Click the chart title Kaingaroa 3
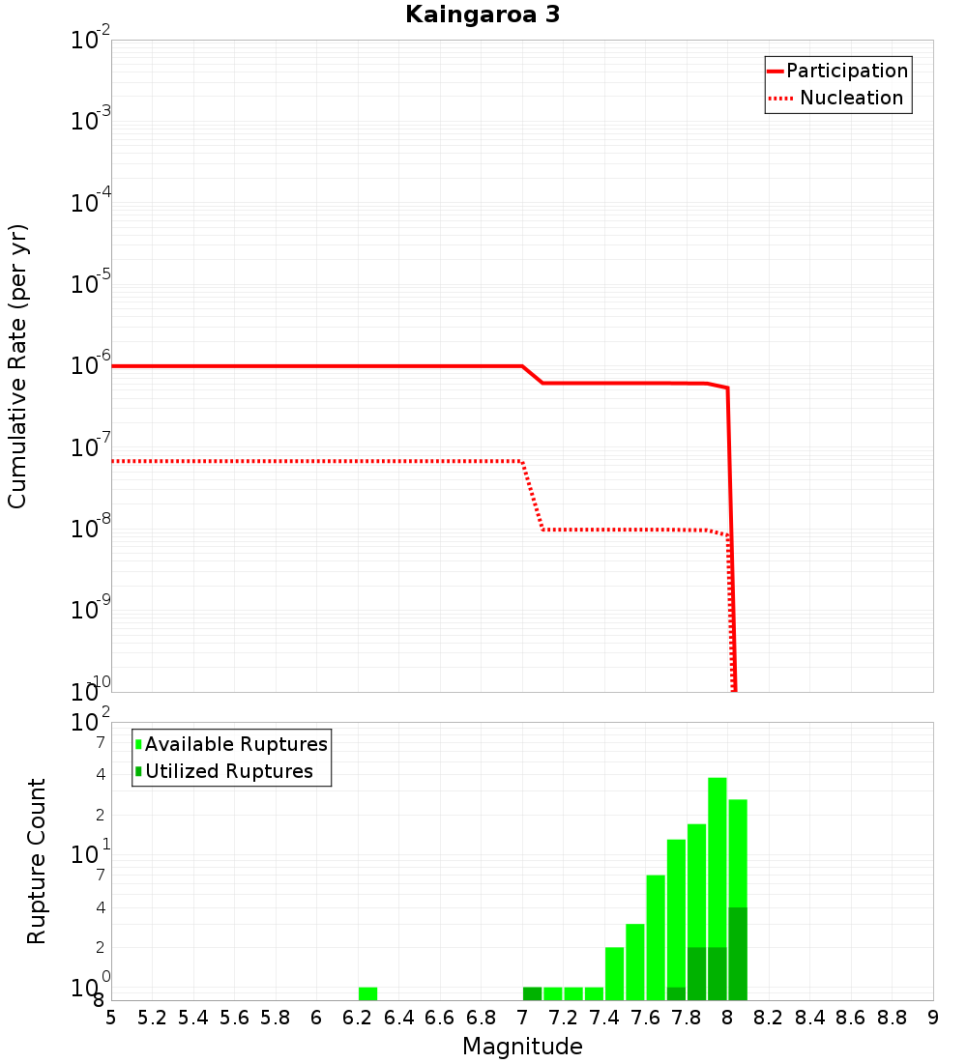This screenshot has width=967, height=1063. (x=482, y=15)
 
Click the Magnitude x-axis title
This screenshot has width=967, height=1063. (x=522, y=1047)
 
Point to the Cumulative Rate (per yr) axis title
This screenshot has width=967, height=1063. (x=17, y=366)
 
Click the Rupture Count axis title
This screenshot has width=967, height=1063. (x=37, y=861)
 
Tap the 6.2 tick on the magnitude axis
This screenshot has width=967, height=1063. (x=358, y=1018)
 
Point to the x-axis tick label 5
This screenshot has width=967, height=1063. (x=111, y=1018)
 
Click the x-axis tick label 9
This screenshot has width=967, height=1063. (x=933, y=1018)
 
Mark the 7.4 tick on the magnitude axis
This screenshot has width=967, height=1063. (x=604, y=1018)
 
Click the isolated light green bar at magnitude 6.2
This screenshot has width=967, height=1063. (x=367, y=993)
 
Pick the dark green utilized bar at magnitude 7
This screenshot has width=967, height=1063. (x=532, y=993)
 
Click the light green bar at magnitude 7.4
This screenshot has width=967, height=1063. (x=614, y=973)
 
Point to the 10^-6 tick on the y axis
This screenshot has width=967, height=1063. (x=91, y=366)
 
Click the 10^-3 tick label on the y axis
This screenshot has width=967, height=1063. (x=91, y=122)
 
